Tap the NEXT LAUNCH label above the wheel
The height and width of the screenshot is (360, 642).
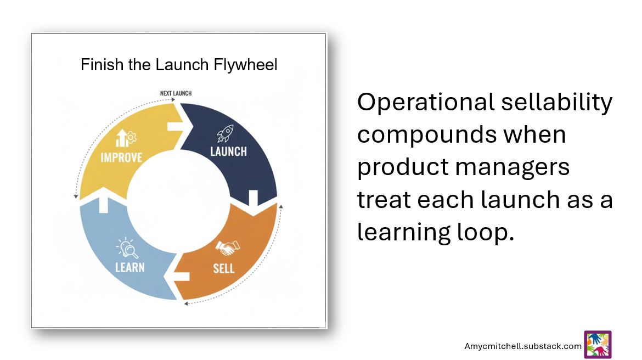(x=176, y=93)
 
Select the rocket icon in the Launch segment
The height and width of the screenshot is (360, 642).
(x=225, y=133)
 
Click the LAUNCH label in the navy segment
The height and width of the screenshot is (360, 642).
(x=228, y=151)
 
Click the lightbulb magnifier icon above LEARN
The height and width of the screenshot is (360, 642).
(x=128, y=249)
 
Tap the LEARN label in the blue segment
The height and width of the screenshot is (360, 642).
(x=130, y=267)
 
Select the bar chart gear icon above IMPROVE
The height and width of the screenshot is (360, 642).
(x=126, y=138)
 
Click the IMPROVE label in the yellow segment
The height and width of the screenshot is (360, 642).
(x=121, y=157)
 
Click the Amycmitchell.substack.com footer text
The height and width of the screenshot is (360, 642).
(x=522, y=346)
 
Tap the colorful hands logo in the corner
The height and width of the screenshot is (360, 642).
(x=598, y=345)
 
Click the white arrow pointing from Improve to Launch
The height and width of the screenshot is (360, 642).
(x=179, y=127)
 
